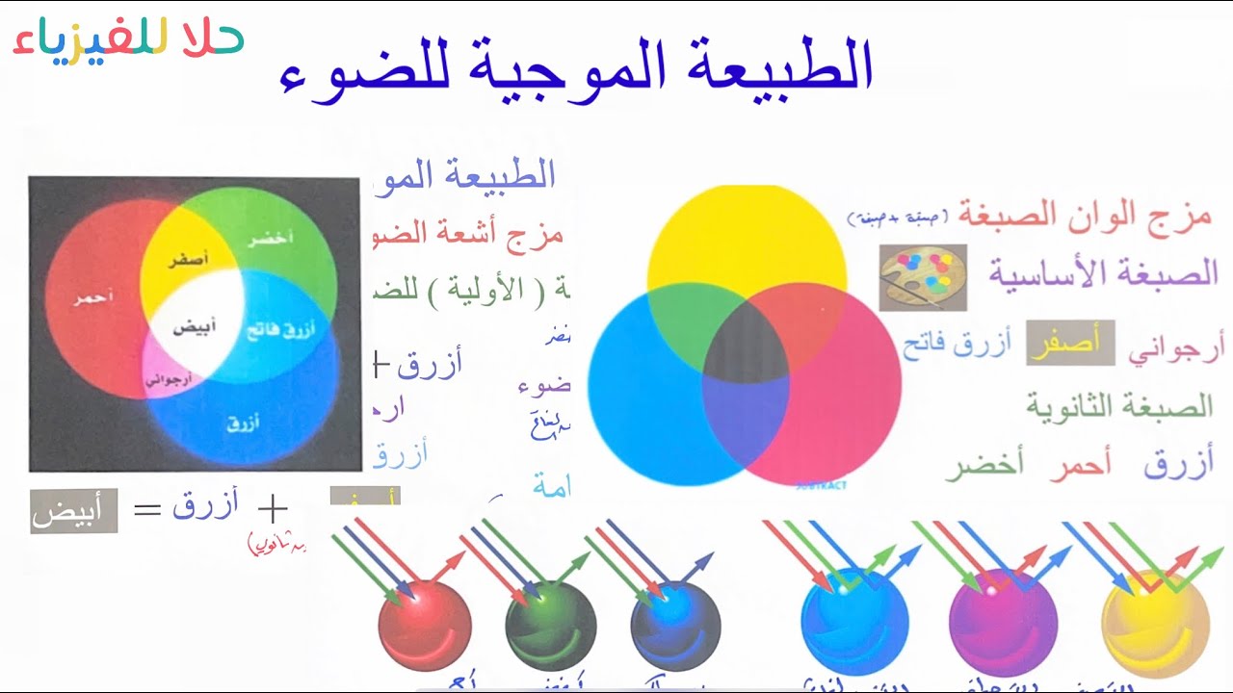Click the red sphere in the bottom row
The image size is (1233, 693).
pyautogui.click(x=425, y=623)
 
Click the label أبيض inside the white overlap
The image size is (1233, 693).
pyautogui.click(x=195, y=326)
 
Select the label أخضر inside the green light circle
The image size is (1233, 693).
pyautogui.click(x=272, y=239)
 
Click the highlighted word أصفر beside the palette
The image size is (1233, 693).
pyautogui.click(x=1069, y=344)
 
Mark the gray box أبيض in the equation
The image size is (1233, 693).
pyautogui.click(x=73, y=511)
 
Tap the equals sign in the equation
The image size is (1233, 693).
pyautogui.click(x=146, y=509)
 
